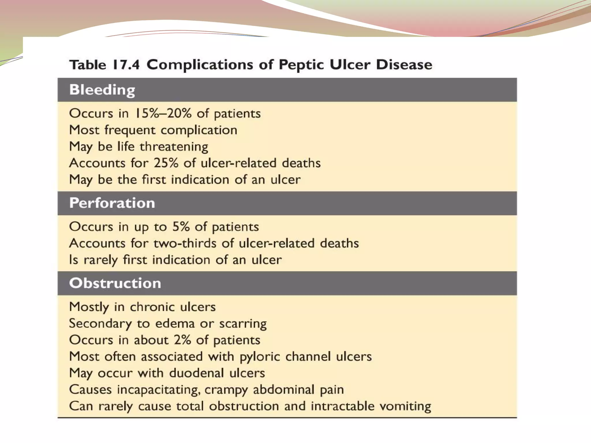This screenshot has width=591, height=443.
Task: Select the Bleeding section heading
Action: click(102, 90)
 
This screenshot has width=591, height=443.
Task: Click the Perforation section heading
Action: click(112, 203)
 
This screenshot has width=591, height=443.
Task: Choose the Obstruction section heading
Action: click(115, 283)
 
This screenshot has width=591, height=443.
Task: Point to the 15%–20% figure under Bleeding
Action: click(163, 113)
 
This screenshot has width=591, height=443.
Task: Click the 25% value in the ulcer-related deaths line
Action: click(166, 163)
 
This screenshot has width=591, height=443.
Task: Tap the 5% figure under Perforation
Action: click(181, 227)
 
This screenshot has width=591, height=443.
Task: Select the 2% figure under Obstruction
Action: click(183, 340)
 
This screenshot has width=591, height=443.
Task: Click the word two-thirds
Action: click(185, 243)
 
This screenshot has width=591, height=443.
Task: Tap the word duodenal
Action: click(197, 373)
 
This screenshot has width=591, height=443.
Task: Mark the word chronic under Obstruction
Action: click(152, 307)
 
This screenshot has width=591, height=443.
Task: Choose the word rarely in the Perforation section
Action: click(101, 260)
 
